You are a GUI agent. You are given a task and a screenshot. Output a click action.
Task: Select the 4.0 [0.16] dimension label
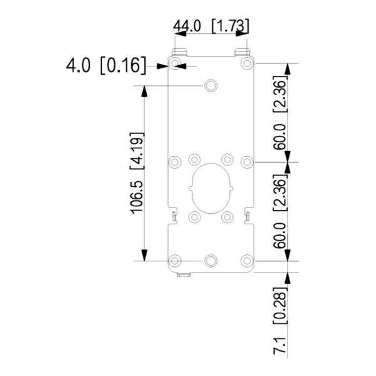(107, 65)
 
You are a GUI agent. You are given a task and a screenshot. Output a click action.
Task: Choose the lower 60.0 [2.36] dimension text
(280, 211)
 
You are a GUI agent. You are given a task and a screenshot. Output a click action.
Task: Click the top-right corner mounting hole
(247, 63)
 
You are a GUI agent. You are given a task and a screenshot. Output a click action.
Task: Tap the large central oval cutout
(211, 187)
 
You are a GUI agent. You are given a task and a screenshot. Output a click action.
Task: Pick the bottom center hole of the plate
(211, 260)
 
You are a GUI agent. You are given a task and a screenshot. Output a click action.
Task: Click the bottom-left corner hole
(175, 260)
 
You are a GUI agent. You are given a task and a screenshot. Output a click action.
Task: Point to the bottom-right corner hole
(247, 260)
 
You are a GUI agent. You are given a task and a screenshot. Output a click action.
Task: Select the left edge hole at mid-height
(175, 162)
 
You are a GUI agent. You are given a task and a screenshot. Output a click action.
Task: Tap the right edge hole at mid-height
(247, 162)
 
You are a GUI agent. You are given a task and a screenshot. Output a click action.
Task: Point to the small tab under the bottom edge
(184, 274)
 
